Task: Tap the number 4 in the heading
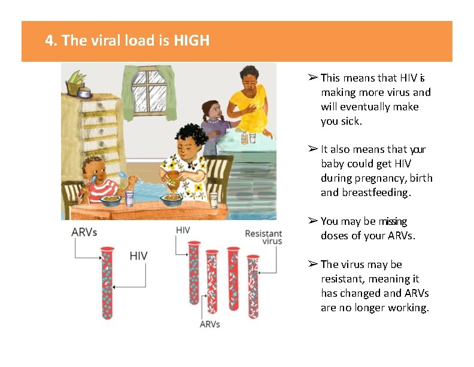point(49,41)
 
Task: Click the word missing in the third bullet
point(392,221)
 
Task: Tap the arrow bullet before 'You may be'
point(312,221)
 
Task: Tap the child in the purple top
point(211,120)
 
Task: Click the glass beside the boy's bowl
point(129,198)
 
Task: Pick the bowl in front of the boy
point(111,201)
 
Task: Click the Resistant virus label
point(263,237)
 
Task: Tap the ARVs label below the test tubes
point(209,324)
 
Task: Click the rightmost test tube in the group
point(253,282)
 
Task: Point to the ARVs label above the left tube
point(84,232)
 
